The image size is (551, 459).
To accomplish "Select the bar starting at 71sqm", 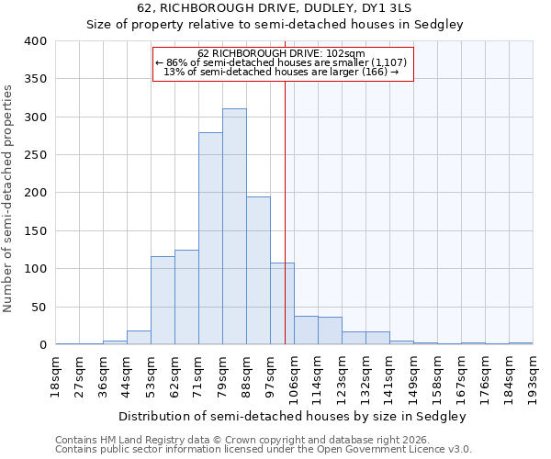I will pyautogui.click(x=210, y=239).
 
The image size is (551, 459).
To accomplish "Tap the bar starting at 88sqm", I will pyautogui.click(x=258, y=271).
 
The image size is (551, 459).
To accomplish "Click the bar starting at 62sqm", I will pyautogui.click(x=186, y=297).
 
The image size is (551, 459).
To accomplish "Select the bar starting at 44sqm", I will pyautogui.click(x=139, y=338).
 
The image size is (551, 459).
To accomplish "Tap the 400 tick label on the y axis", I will pyautogui.click(x=36, y=41).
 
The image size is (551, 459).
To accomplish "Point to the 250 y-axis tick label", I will pyautogui.click(x=36, y=155).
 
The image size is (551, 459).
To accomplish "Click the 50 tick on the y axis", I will pyautogui.click(x=39, y=307).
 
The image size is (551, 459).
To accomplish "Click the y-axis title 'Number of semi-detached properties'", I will pyautogui.click(x=9, y=198).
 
